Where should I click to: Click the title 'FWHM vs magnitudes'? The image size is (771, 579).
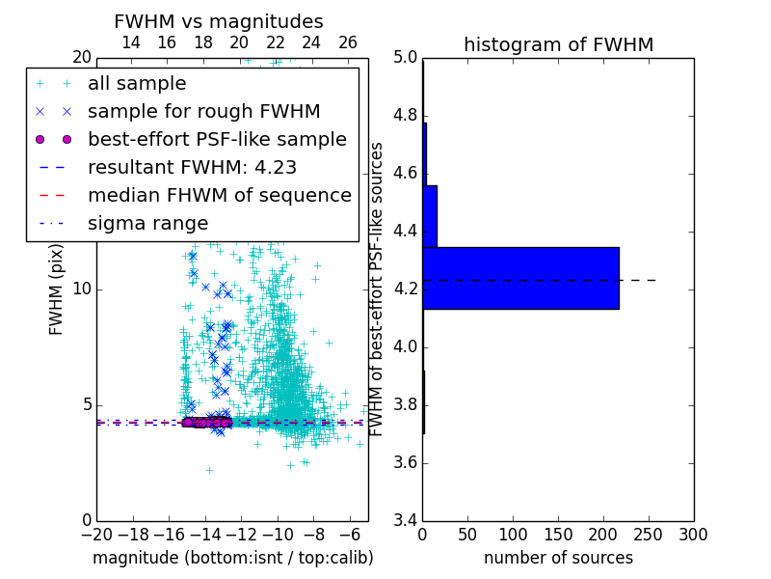point(219,21)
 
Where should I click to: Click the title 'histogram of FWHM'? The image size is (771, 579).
point(558,44)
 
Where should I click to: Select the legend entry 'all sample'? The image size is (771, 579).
point(137,84)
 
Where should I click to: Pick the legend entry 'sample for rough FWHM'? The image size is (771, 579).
point(203,112)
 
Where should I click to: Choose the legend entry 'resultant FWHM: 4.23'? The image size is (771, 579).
point(192,167)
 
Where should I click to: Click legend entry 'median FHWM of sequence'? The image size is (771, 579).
point(219,195)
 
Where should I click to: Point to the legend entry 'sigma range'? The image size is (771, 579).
point(147,223)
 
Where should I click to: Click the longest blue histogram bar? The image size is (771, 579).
point(520,278)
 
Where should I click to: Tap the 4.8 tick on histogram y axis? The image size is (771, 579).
point(406,116)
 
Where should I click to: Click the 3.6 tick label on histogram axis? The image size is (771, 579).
point(406,462)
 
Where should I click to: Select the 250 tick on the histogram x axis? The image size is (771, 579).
point(649,535)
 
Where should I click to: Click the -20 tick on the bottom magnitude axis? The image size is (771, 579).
point(96,535)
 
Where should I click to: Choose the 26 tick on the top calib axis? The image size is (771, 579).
point(348,42)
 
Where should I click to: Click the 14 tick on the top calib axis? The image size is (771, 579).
point(131,42)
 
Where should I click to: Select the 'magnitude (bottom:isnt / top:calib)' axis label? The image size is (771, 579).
point(232,558)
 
